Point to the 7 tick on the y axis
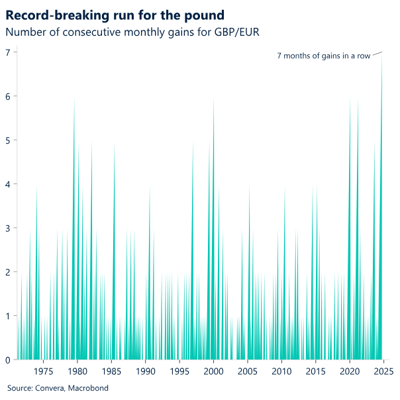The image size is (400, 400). click(x=8, y=52)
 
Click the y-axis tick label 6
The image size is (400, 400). click(x=8, y=97)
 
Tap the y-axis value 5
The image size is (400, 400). click(x=8, y=140)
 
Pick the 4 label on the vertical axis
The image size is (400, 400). click(x=8, y=184)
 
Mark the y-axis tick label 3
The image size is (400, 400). click(x=8, y=228)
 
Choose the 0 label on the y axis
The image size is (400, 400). click(x=8, y=360)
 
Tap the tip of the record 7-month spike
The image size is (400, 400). click(x=382, y=54)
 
